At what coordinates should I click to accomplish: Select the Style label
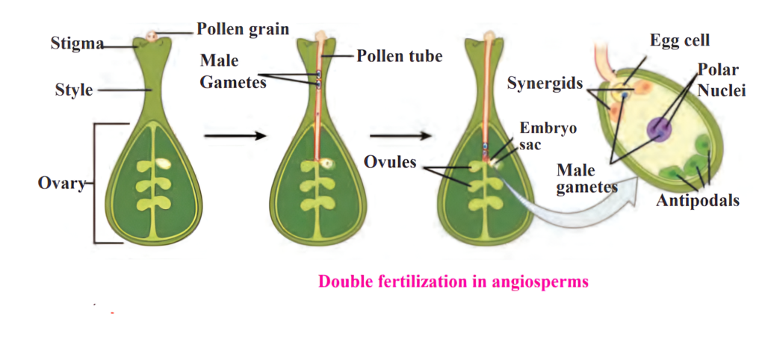(x=74, y=90)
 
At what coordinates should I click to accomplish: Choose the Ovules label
(x=391, y=161)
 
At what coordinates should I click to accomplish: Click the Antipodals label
(x=698, y=200)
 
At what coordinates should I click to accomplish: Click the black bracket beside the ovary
(x=96, y=183)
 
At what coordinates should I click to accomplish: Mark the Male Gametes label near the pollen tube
(x=233, y=72)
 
